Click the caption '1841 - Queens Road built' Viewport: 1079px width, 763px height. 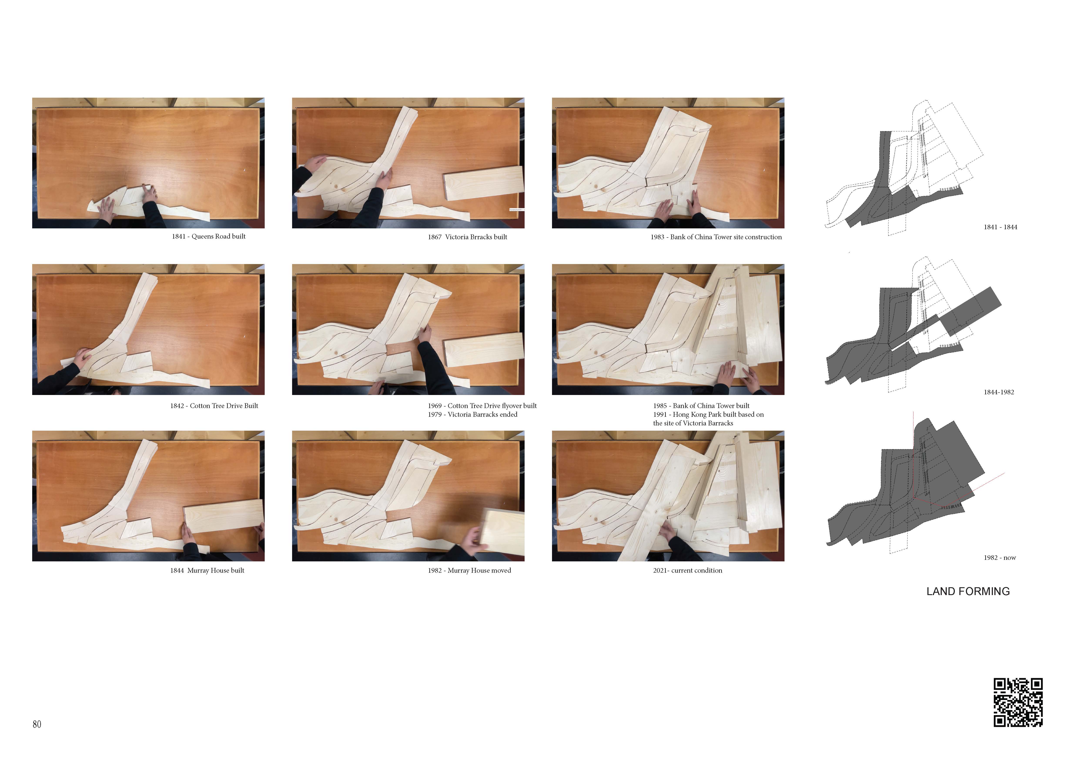209,236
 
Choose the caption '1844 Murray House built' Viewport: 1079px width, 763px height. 207,570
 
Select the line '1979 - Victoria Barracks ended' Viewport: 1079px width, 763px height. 472,414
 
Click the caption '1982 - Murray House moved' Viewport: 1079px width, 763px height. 470,570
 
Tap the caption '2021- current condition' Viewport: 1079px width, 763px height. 688,570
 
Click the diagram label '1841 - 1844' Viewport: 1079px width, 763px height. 1000,227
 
